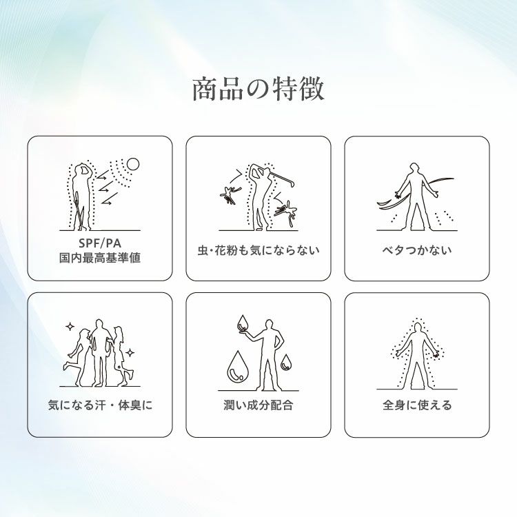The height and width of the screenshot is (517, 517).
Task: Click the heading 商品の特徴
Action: point(258,89)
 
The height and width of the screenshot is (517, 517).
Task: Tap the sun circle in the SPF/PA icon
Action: point(133,164)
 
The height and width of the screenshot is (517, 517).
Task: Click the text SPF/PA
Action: point(100,243)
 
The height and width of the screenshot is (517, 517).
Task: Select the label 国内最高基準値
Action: point(100,258)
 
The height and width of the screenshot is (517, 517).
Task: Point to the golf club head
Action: point(290,183)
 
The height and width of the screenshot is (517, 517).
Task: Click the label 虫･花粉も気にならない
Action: point(258,250)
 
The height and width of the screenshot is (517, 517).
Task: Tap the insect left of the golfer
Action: point(230,196)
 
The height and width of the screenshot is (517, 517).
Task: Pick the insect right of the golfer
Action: point(286,211)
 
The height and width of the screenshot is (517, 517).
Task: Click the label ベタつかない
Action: point(417,250)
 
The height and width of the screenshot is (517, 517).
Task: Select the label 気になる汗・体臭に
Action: point(100,405)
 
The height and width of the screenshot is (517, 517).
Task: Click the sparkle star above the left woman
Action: point(70,327)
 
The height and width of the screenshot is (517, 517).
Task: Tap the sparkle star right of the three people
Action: point(130,353)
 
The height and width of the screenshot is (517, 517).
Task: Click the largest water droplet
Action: point(236,366)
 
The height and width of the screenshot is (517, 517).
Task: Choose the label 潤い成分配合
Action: point(258,405)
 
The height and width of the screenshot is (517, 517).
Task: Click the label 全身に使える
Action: point(417,405)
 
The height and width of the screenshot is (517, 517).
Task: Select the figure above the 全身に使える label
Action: point(418,356)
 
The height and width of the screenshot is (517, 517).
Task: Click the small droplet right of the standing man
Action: point(286,362)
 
